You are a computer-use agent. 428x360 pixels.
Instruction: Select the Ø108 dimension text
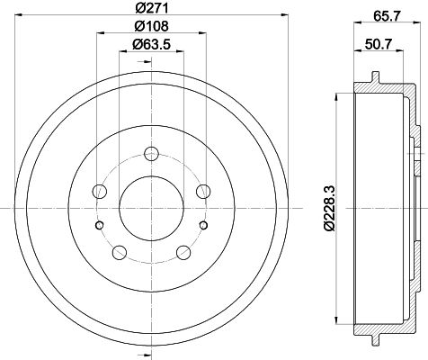tap(150, 27)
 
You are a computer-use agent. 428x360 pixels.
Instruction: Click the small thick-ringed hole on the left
tap(101, 225)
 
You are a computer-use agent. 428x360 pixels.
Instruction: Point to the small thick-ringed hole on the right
tap(202, 225)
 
